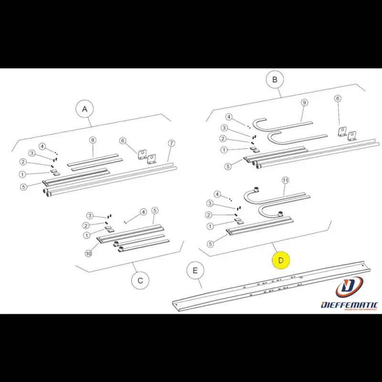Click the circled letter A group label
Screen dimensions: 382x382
tap(85, 109)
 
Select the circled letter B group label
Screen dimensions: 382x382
tap(275, 80)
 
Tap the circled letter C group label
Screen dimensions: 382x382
tap(140, 280)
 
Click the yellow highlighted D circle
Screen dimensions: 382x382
tap(281, 260)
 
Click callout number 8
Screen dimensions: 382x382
tap(93, 140)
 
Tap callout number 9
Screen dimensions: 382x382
tap(304, 103)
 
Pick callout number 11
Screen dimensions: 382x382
tap(286, 180)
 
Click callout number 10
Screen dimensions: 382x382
tap(88, 254)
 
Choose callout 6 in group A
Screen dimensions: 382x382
tap(122, 140)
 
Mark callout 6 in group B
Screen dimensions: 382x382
tap(338, 99)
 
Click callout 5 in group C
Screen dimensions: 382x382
tap(155, 211)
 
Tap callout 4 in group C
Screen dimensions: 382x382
tap(143, 212)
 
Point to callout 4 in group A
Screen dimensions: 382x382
tap(42, 146)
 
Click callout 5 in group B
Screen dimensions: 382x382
tap(228, 166)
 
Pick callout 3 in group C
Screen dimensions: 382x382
tap(90, 216)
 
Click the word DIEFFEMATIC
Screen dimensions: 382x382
tap(350, 305)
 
